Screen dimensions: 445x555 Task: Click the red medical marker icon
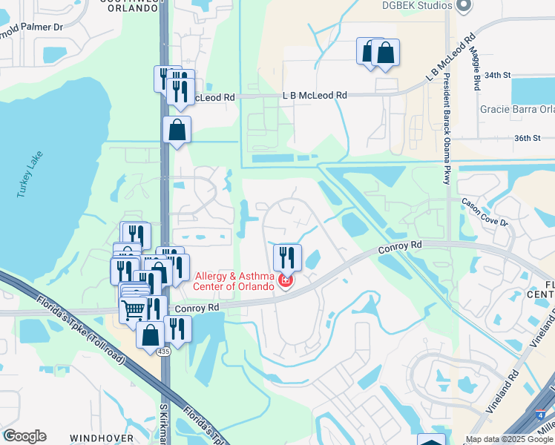point(286,280)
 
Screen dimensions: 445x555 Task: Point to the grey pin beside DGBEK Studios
point(464,6)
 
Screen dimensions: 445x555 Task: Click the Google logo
point(24,436)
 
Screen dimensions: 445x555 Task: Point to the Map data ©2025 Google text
point(510,439)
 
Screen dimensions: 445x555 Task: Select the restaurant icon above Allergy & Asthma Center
point(287,257)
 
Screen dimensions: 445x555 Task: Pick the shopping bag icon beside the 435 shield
point(151,334)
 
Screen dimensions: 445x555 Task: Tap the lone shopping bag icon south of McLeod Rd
point(177,130)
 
